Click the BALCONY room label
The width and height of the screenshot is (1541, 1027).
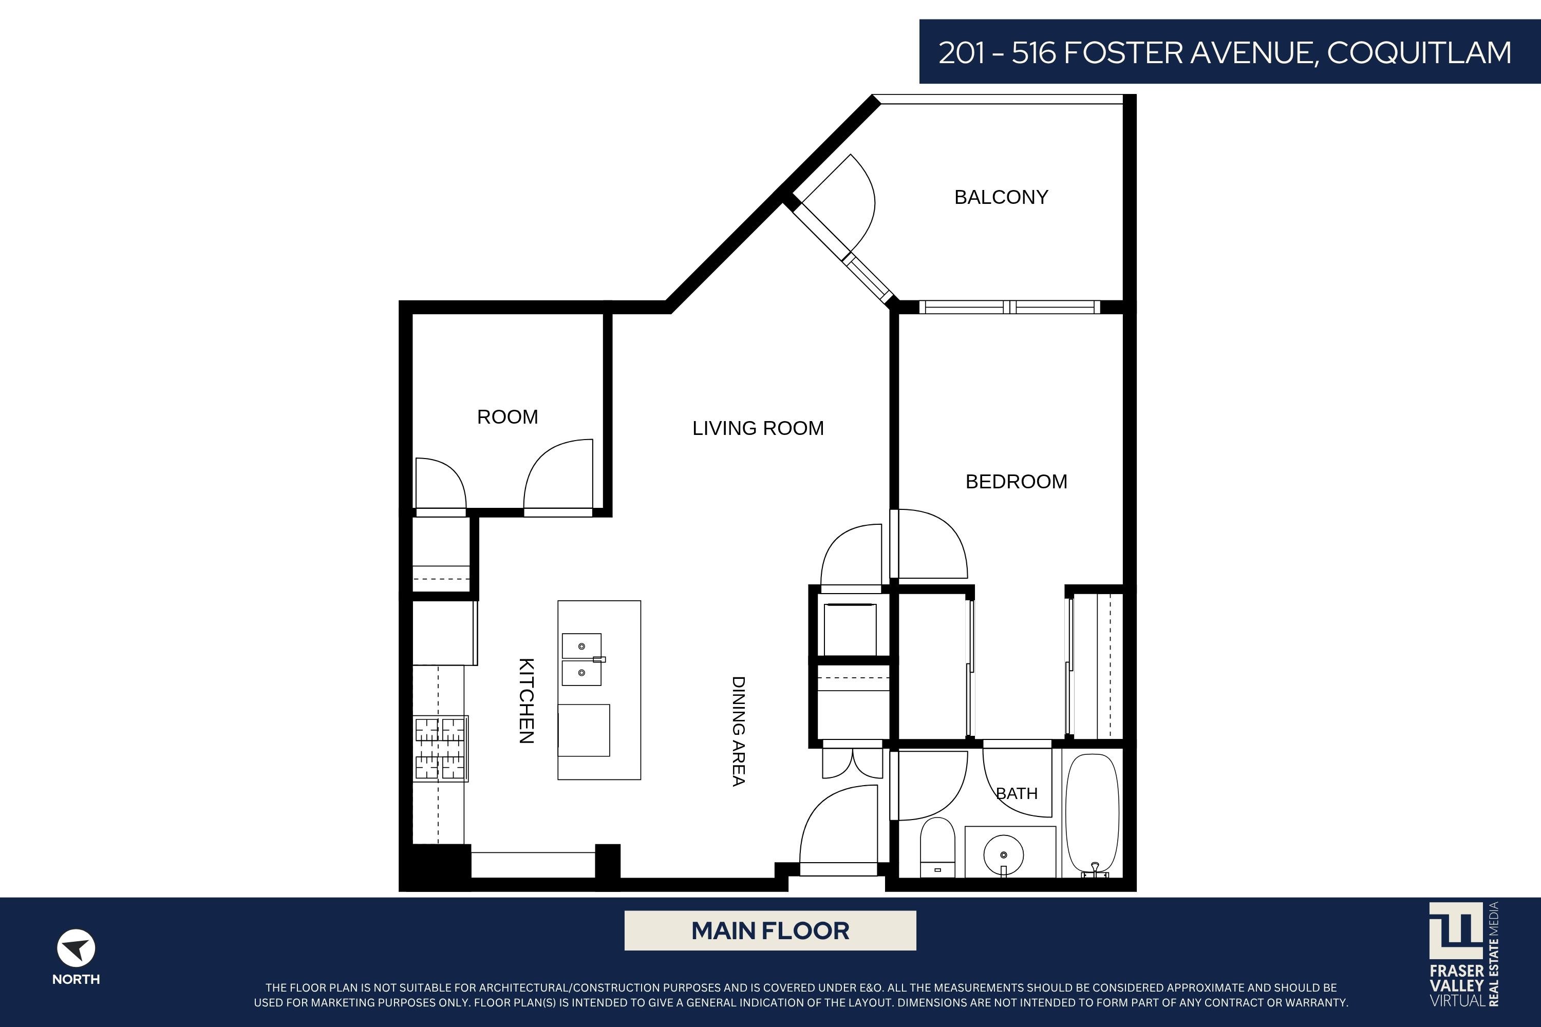pyautogui.click(x=1001, y=197)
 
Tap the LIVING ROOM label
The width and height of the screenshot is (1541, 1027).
pyautogui.click(x=758, y=428)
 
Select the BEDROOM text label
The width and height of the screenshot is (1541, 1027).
pyautogui.click(x=1016, y=482)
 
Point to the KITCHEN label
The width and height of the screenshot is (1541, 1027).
pyautogui.click(x=526, y=701)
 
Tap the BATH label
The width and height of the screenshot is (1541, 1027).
pyautogui.click(x=1017, y=794)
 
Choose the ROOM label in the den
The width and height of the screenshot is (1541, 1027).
pyautogui.click(x=508, y=417)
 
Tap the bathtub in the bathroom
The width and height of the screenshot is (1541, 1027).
pyautogui.click(x=1092, y=814)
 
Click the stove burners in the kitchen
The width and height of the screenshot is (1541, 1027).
pyautogui.click(x=440, y=748)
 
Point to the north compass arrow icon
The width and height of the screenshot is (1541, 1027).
pyautogui.click(x=76, y=948)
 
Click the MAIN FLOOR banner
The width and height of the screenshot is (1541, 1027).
pyautogui.click(x=770, y=930)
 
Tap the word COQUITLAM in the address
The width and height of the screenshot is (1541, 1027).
pyautogui.click(x=1419, y=53)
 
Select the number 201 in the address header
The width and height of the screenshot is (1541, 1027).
pyautogui.click(x=962, y=53)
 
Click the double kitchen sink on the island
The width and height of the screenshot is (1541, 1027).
pyautogui.click(x=582, y=659)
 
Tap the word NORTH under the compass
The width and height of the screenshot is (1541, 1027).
pyautogui.click(x=76, y=979)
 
